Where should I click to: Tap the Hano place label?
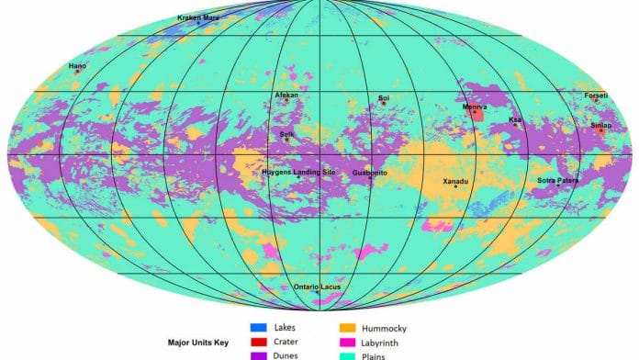pos(77,65)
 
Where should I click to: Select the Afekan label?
pos(286,95)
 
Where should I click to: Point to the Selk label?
pos(286,133)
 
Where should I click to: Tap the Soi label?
pos(384,97)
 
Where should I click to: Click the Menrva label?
pos(475,107)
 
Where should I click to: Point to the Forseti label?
pos(596,95)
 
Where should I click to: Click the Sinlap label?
pos(601,125)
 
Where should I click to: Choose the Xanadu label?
pos(455,181)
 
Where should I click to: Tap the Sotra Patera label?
pos(557,180)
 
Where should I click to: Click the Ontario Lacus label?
pos(319,287)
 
